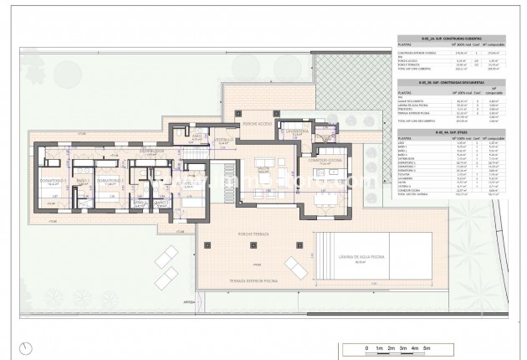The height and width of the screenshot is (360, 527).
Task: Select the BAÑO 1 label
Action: point(82,180)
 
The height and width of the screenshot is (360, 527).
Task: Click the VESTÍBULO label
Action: point(223,140)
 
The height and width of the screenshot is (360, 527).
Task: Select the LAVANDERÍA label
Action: point(298,131)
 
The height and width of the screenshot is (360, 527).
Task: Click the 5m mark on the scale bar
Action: point(427,347)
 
